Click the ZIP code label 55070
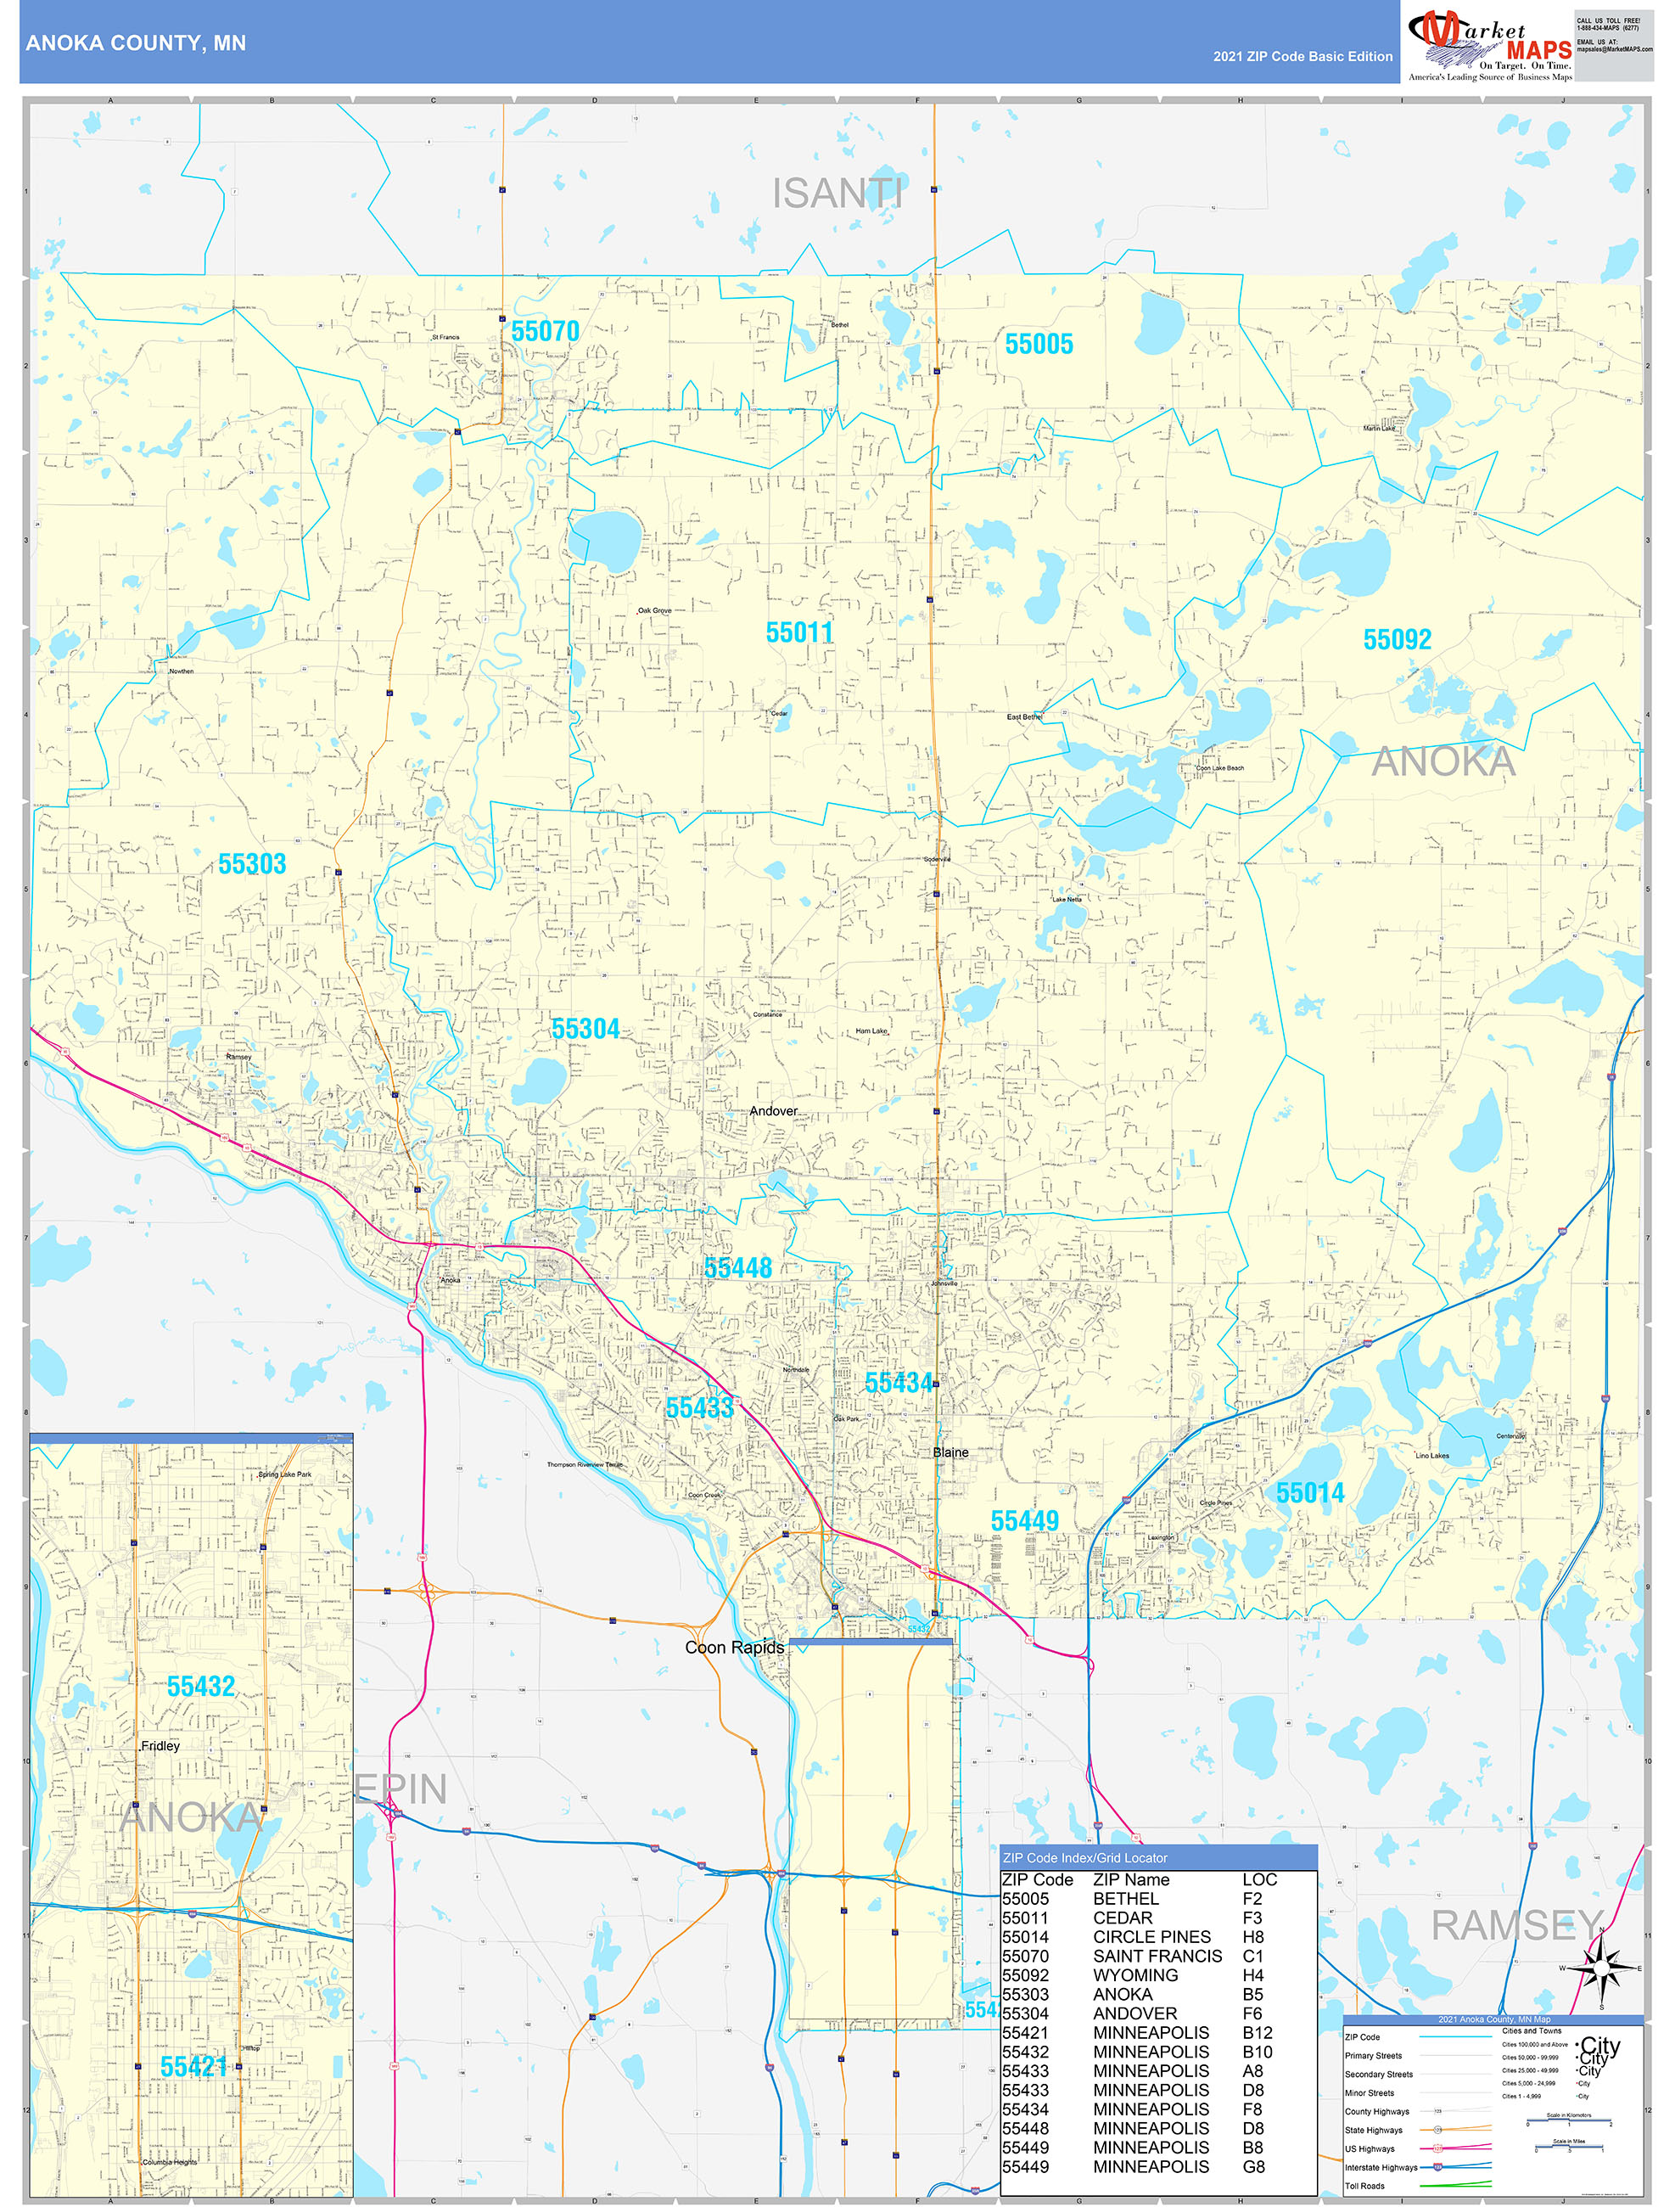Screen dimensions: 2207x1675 [545, 330]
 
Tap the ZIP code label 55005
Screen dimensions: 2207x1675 [1039, 345]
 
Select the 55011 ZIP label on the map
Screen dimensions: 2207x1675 [799, 632]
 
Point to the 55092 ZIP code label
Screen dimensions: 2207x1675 [1397, 639]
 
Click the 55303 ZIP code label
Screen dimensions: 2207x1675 [251, 864]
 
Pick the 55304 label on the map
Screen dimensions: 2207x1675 [585, 1029]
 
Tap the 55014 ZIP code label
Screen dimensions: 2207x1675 [1310, 1494]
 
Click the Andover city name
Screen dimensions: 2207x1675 [773, 1111]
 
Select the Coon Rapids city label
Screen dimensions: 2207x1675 [734, 1648]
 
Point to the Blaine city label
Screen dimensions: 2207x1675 [950, 1452]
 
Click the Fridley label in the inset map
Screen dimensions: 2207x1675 [160, 1746]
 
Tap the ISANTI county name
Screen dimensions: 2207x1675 [837, 194]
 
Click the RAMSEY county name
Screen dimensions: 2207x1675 [1516, 1926]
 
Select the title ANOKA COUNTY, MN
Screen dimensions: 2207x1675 [136, 43]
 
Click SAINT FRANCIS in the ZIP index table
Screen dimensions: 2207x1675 [1157, 1956]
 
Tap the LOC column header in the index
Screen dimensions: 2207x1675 [1259, 1879]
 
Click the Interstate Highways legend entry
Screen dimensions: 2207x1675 [1381, 2167]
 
